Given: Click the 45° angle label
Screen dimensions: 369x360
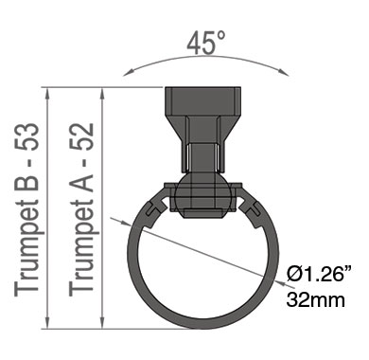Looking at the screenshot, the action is (206, 42).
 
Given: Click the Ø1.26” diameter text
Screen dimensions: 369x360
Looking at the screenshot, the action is (319, 273).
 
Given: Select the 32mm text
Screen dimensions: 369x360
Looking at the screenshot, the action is (315, 299).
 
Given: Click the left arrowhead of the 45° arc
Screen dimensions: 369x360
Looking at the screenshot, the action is (129, 73).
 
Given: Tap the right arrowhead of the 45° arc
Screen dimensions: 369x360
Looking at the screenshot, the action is (284, 73).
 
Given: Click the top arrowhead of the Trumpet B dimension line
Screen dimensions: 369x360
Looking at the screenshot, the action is (47, 93).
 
